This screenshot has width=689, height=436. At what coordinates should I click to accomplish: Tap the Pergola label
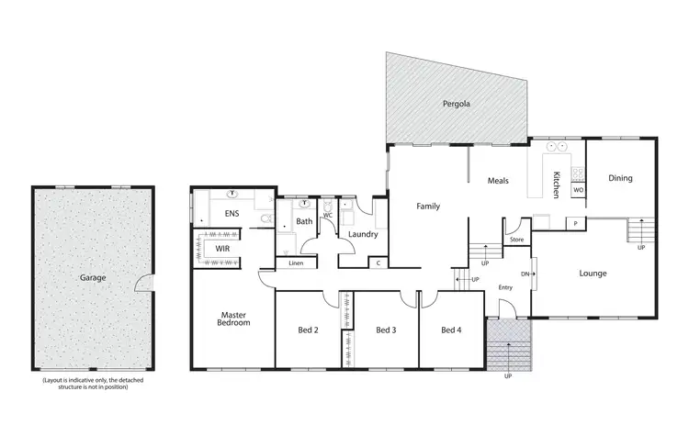(457, 104)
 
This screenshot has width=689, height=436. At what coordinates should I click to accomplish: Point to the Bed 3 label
(386, 330)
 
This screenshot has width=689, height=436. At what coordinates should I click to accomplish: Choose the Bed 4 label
(450, 330)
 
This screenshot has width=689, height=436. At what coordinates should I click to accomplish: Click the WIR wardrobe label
(222, 248)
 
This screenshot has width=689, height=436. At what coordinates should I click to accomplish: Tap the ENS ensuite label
(232, 215)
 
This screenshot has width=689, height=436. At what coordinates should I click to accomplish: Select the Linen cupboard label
(296, 263)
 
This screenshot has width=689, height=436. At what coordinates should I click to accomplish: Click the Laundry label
(364, 234)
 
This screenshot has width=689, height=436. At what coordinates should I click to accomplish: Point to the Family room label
(429, 207)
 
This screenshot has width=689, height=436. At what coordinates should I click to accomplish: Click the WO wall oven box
(578, 190)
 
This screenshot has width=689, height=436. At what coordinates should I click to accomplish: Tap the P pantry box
(575, 223)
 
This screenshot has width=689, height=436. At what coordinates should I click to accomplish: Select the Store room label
(516, 240)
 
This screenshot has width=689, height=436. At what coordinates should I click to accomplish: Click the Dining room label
(621, 178)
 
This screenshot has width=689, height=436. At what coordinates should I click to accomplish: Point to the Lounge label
(593, 273)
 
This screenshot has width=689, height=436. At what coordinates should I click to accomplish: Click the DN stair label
(525, 273)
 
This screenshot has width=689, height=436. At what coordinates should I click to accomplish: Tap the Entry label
(506, 287)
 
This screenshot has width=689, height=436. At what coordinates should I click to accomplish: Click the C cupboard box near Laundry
(378, 263)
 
